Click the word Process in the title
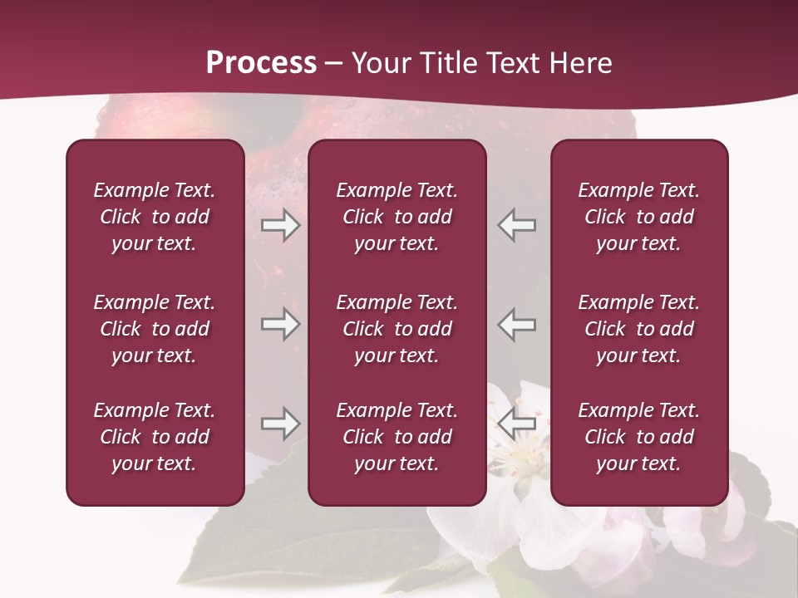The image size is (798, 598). [261, 63]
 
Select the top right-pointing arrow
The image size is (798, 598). [281, 225]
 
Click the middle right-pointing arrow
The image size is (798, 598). [281, 323]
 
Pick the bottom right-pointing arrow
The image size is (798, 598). [281, 424]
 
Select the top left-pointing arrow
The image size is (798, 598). [517, 225]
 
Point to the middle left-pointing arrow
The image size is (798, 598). [517, 323]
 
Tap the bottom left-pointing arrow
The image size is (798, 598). [517, 424]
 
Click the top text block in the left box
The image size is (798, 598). [155, 217]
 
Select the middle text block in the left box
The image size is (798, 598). [155, 329]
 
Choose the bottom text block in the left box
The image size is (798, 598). [155, 437]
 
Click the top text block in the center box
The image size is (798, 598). [397, 217]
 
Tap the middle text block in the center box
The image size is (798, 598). [397, 329]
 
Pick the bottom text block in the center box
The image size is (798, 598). [397, 437]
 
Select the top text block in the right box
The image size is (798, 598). [639, 217]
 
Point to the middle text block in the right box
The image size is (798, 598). [639, 329]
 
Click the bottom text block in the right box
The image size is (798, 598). [639, 437]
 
